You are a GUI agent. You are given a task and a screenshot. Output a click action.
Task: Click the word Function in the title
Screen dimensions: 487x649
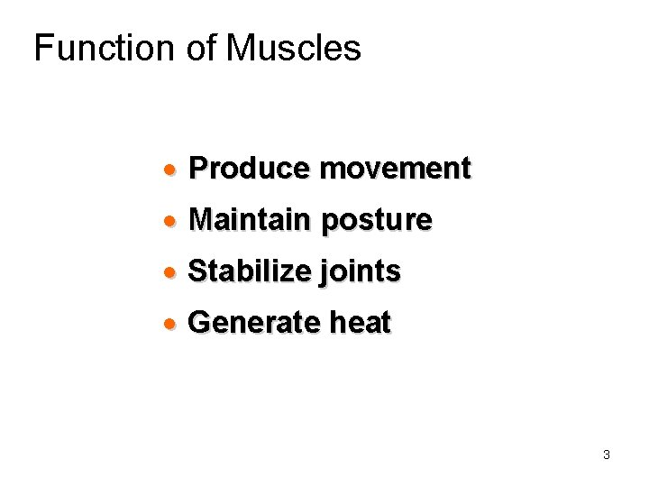pos(102,48)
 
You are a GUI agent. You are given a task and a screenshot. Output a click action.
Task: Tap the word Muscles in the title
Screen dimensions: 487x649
pos(293,48)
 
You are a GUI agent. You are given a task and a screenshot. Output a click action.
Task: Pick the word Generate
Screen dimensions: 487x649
pos(252,322)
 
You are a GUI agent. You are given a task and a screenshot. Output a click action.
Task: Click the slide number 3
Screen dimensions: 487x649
pos(607,455)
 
